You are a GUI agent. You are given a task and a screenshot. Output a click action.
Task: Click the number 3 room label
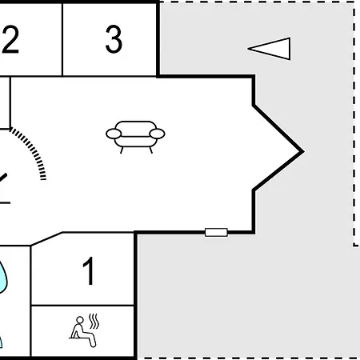[114, 39]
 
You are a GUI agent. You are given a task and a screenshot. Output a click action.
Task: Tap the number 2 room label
[10, 39]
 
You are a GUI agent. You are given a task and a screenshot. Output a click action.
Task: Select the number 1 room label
[89, 271]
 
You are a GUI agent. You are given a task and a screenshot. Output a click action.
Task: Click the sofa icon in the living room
[135, 137]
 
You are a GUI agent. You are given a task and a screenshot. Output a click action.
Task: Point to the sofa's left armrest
[114, 134]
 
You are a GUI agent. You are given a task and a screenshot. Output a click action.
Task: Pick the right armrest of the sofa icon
[157, 134]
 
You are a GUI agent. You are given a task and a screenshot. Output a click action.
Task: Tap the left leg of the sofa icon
[122, 150]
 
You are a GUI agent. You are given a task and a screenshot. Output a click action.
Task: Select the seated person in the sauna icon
[82, 332]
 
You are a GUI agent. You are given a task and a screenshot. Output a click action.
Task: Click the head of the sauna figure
[79, 319]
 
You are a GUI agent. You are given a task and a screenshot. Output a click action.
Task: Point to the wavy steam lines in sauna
[94, 321]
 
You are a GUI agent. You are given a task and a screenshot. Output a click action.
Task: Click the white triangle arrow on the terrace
[270, 49]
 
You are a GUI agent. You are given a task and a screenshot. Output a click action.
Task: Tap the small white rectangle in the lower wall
[216, 232]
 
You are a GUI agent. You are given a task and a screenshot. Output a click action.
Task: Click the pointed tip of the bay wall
[303, 152]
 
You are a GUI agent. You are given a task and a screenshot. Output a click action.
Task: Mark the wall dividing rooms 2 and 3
[62, 40]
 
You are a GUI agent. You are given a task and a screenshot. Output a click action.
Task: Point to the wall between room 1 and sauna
[82, 305]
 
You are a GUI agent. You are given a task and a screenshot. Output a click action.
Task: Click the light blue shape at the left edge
[2, 278]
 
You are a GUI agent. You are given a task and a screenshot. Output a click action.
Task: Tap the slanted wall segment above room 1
[46, 238]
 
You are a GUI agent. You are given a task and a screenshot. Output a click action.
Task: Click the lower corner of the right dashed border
[354, 245]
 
